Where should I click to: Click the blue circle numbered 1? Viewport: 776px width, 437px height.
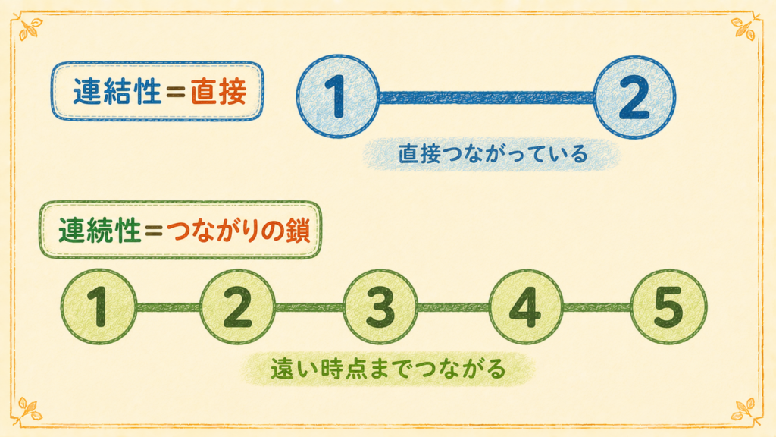[x=338, y=96]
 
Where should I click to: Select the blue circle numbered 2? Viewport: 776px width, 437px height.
[x=634, y=96]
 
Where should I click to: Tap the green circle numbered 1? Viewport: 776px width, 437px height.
[x=99, y=307]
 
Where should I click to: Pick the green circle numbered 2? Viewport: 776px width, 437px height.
[x=237, y=307]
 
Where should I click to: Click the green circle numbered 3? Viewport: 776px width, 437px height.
[x=380, y=307]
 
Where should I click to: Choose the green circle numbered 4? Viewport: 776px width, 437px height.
[x=526, y=307]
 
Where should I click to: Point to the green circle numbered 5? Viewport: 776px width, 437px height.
[x=668, y=307]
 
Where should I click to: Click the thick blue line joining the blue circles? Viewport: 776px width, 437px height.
[x=487, y=97]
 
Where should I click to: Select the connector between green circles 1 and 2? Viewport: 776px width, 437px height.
[x=168, y=307]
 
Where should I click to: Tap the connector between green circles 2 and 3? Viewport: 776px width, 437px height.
[x=309, y=307]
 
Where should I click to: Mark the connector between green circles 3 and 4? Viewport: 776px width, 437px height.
[x=453, y=307]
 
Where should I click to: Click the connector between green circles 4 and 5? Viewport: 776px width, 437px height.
[x=597, y=307]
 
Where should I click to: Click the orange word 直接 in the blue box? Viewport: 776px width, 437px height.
[x=219, y=92]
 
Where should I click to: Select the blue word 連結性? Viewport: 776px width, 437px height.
[x=117, y=92]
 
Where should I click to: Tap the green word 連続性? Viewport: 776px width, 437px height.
[x=100, y=231]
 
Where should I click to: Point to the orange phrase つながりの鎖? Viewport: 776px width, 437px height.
[x=239, y=231]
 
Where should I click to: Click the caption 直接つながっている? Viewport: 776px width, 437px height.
[x=493, y=154]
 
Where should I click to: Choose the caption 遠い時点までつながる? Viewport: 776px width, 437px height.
[x=388, y=369]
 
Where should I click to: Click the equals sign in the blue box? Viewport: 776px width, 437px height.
[x=176, y=92]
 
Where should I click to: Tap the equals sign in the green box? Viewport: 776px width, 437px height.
[x=154, y=231]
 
